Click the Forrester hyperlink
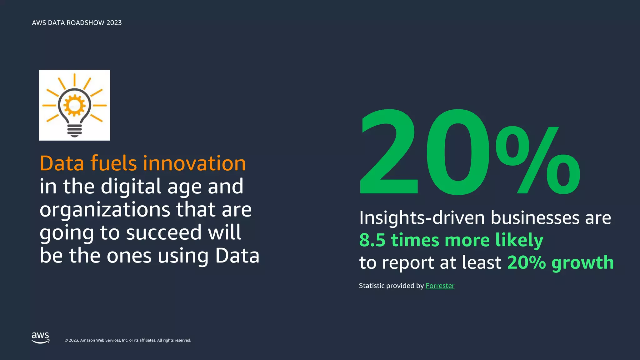[x=440, y=286]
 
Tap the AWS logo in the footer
[x=41, y=338]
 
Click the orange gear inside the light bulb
[x=74, y=106]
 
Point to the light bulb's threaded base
[x=74, y=130]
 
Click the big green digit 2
[x=389, y=152]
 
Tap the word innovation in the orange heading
[x=194, y=163]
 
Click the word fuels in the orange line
[x=113, y=163]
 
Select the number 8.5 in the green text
[x=372, y=240]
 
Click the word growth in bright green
[x=582, y=262]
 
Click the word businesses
[x=535, y=217]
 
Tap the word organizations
[x=105, y=210]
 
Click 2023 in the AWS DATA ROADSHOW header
[x=114, y=23]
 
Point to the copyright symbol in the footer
[x=66, y=340]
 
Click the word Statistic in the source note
[x=372, y=286]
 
